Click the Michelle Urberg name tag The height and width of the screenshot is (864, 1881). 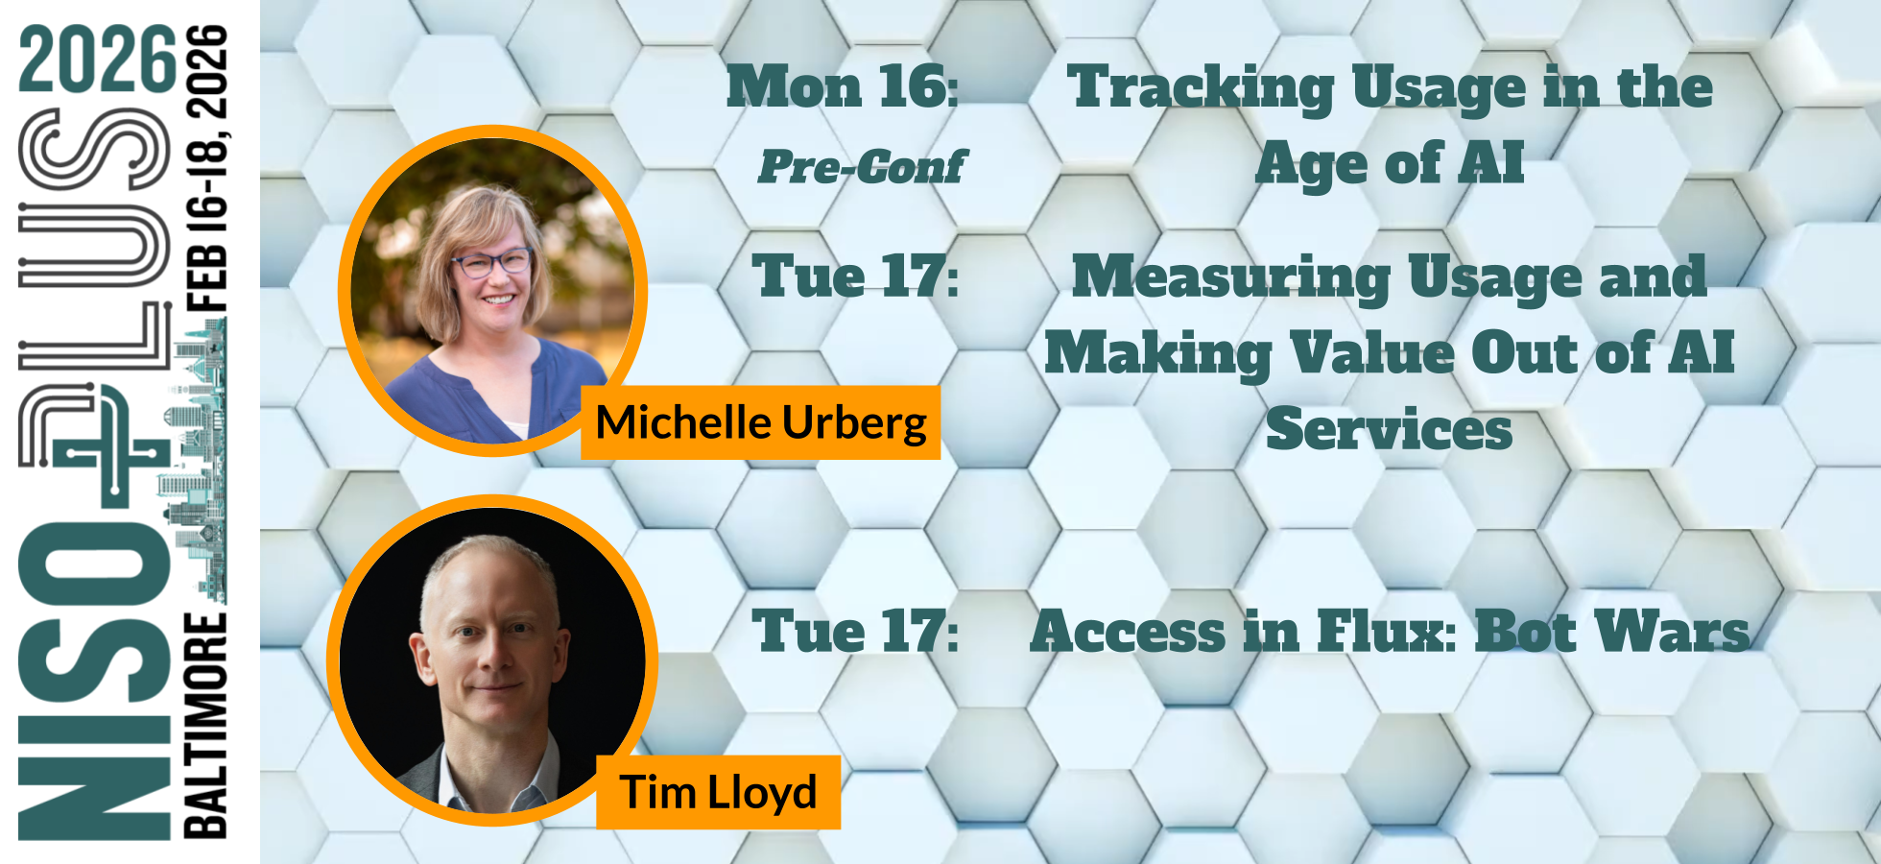click(760, 422)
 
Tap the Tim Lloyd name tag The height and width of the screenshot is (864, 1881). click(718, 792)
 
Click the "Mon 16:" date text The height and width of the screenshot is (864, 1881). click(843, 86)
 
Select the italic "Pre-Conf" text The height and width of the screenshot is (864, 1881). click(862, 166)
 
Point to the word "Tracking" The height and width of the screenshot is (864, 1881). click(1200, 88)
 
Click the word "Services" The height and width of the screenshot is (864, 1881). click(1389, 429)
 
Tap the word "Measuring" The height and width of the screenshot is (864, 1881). click(1231, 277)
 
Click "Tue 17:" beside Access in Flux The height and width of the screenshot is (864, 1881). click(855, 632)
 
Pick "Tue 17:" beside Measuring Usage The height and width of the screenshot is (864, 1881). click(855, 276)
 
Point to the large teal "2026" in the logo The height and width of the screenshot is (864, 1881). click(98, 60)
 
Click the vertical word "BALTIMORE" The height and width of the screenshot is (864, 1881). click(205, 725)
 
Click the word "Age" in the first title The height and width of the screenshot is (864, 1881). click(1310, 164)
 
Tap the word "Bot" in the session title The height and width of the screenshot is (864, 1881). click(1526, 632)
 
